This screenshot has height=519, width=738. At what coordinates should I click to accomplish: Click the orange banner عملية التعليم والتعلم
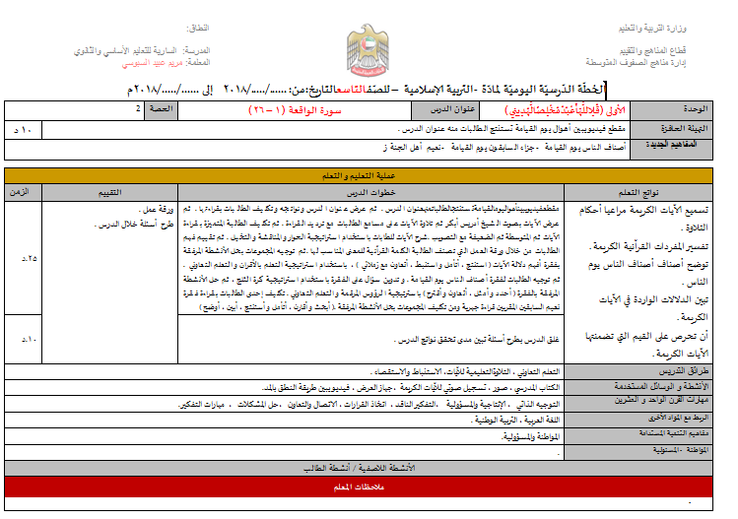(369, 174)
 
